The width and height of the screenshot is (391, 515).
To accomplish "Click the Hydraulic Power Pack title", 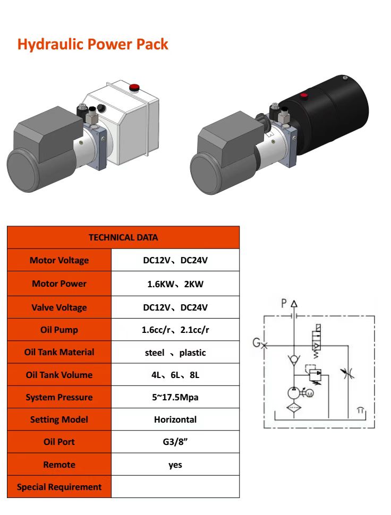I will tap(92, 44).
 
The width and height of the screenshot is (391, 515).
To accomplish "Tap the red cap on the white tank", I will tap(133, 87).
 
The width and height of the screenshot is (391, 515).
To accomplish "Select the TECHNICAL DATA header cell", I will tap(123, 237).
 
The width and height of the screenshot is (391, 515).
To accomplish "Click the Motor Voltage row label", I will tap(59, 260).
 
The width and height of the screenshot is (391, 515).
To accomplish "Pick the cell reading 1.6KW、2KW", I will tap(175, 284).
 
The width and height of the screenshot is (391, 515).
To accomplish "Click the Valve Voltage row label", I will tap(59, 307).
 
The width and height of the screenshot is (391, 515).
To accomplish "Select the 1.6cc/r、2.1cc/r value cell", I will tap(175, 330).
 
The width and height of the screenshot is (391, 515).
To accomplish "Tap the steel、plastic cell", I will tap(175, 353).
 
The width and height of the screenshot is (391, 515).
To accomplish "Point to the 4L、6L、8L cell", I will tap(175, 375).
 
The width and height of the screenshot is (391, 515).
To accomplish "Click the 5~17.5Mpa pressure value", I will tap(175, 397).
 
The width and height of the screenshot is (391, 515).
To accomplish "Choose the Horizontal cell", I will tap(175, 419).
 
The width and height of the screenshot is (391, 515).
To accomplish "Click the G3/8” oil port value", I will tap(175, 442).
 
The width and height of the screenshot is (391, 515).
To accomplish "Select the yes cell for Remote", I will tap(175, 465).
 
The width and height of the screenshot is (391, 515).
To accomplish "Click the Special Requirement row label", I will tap(59, 487).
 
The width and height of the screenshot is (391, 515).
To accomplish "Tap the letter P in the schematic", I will tap(284, 303).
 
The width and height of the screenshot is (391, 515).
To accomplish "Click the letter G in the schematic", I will tap(256, 342).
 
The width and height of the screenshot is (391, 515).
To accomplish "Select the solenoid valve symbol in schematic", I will tap(317, 339).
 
